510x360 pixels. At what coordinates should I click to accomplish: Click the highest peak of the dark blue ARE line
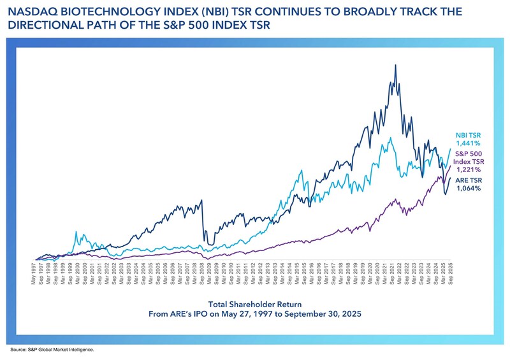pyautogui.click(x=396, y=65)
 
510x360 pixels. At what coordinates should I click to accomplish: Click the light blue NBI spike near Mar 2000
pyautogui.click(x=76, y=233)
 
